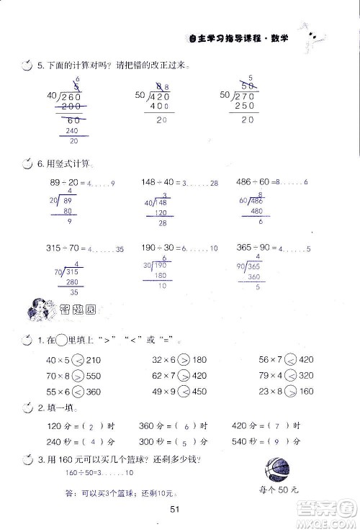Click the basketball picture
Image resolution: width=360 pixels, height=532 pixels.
pos(280,470)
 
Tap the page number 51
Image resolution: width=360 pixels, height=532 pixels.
pos(174,510)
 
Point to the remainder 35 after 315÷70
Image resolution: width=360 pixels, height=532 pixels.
pos(120,249)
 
